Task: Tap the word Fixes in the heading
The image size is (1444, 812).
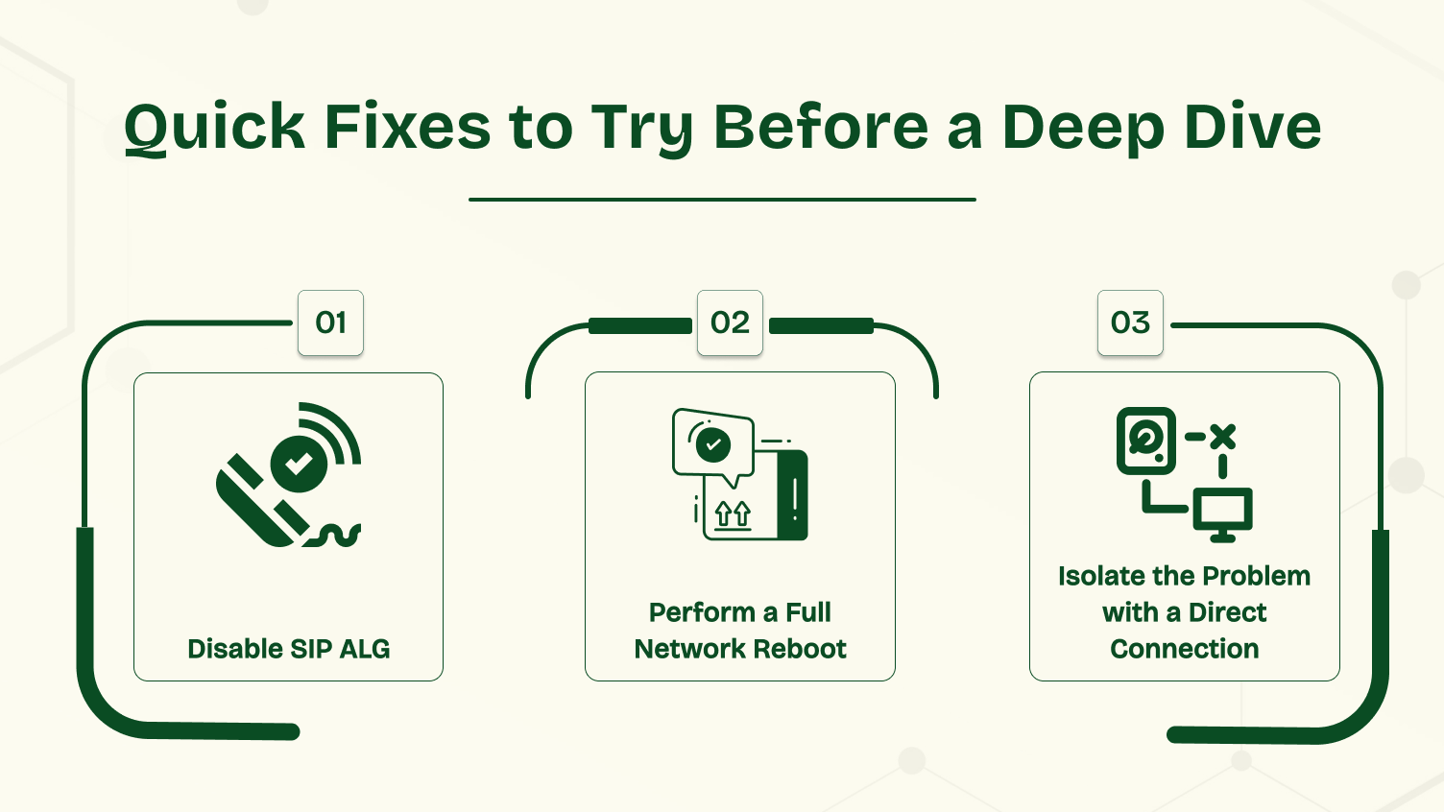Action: coord(408,128)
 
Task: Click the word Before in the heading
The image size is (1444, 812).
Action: coord(821,128)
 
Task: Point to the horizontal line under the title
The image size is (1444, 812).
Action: coord(722,200)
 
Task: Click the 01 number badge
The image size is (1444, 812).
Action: coord(330,322)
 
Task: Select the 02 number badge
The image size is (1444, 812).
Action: coord(730,322)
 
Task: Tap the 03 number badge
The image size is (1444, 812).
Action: coord(1130,322)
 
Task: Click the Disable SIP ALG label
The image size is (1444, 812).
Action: coord(288,649)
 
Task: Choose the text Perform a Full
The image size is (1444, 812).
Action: coord(739,612)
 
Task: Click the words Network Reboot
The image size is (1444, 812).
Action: coord(739,649)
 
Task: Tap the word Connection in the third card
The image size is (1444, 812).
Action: coord(1184,649)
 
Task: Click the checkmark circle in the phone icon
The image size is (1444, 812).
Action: coord(300,464)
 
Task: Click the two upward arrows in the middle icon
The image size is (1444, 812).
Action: coord(733,515)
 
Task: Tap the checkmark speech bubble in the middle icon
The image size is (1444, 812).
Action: coord(712,444)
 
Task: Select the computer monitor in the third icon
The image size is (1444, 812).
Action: coord(1222,513)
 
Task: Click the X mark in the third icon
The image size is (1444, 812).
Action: coord(1222,437)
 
